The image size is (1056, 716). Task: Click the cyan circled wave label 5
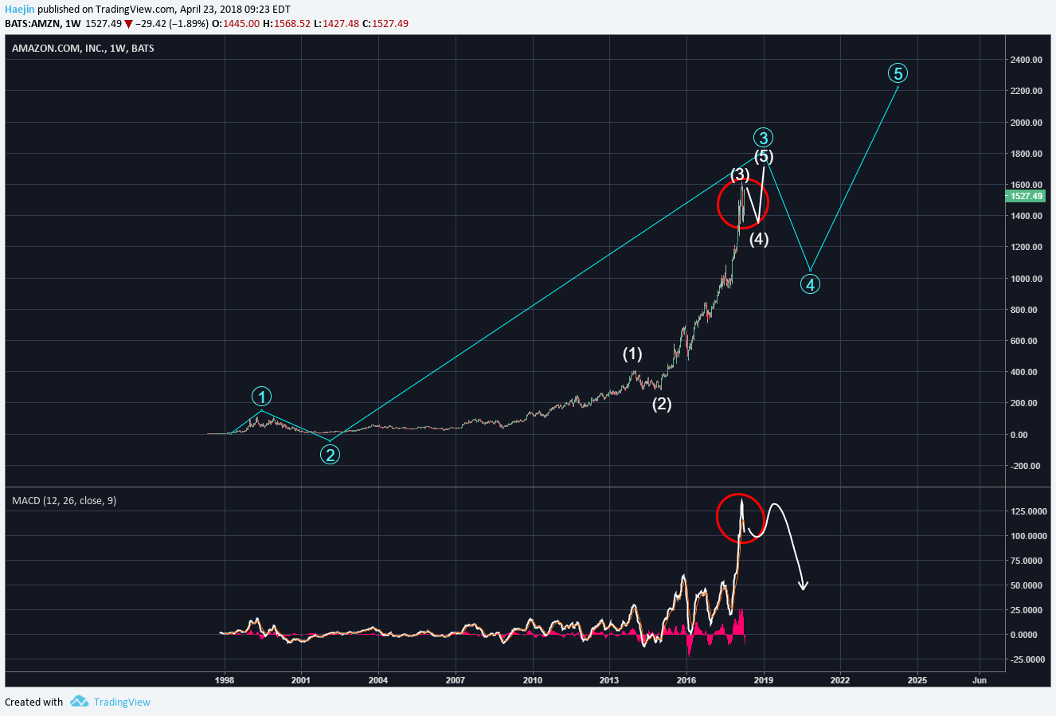tap(898, 73)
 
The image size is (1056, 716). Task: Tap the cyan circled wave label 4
tap(810, 284)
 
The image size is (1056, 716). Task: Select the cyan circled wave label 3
tap(763, 138)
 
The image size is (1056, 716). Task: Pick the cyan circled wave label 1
tap(261, 397)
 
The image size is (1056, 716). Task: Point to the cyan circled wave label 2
tap(330, 455)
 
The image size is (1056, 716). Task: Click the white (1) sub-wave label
tap(632, 354)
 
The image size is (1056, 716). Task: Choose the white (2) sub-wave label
tap(662, 404)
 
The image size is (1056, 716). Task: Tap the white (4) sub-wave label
tap(759, 239)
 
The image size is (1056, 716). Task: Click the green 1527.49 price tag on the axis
tap(1027, 196)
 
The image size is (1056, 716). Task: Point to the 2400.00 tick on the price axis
tap(1026, 60)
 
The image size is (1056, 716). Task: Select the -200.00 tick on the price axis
tap(1026, 466)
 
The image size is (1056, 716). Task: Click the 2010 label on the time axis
tap(533, 680)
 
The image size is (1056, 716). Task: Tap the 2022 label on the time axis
tap(839, 680)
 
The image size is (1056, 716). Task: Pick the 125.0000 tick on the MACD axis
tap(1027, 511)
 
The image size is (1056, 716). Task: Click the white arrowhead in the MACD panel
tap(804, 586)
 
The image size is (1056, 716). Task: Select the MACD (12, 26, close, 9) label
tap(64, 501)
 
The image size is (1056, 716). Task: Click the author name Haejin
tap(19, 10)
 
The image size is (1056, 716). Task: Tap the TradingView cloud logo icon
tap(79, 702)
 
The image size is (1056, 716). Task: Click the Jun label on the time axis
tap(980, 680)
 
